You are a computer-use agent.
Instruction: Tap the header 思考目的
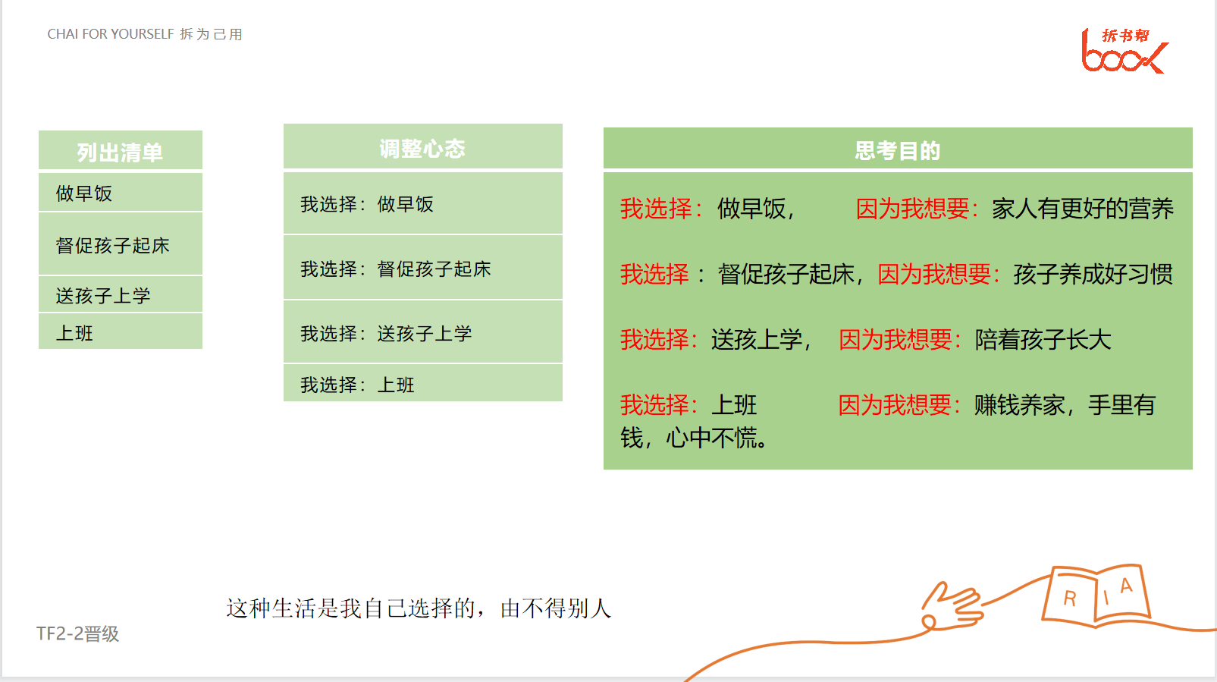(898, 150)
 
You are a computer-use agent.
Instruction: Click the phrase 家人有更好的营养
(1083, 209)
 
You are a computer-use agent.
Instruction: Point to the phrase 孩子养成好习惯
(1093, 274)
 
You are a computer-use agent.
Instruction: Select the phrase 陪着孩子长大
(1043, 340)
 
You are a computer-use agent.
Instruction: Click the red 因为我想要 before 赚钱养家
(900, 405)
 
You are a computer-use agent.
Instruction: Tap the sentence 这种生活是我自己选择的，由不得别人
(419, 608)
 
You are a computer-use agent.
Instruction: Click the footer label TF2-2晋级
(77, 633)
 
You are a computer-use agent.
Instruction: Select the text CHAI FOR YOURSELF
(110, 33)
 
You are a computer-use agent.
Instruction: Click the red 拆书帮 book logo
(1124, 51)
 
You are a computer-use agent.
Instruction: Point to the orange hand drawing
(952, 607)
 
